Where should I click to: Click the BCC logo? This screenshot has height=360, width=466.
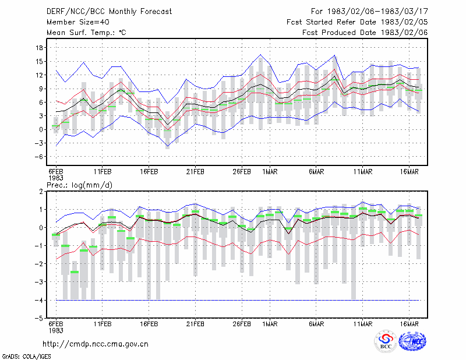pos(386,341)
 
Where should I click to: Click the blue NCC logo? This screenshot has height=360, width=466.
pos(412,341)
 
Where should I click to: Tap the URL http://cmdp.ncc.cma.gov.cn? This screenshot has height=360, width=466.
pos(96,344)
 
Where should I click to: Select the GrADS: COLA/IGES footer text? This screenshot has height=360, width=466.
pos(26,357)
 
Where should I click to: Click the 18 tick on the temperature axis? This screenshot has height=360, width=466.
pos(40,48)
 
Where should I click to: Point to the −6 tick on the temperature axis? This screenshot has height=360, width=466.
pos(38,157)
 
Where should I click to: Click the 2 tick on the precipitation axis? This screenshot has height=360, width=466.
pos(41,192)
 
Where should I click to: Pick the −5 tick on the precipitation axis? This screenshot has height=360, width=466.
pos(38,318)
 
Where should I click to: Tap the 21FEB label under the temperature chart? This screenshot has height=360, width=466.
pos(195,172)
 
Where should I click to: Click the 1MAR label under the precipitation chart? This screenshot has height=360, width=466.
pos(270,324)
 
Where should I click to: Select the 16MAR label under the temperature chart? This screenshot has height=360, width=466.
pos(409,172)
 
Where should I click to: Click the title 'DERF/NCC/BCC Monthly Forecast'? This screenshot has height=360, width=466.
pos(109,12)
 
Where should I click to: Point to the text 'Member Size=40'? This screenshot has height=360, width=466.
pos(78,22)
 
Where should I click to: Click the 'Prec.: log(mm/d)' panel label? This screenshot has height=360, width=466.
pos(79,185)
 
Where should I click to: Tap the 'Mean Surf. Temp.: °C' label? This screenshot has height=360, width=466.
pos(86,33)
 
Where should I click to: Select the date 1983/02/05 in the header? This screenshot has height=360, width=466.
pos(404,22)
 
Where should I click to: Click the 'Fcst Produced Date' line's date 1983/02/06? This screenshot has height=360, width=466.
pos(404,33)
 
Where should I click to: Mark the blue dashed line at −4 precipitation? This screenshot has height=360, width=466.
pos(238,300)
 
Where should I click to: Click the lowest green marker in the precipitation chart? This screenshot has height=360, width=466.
pos(75,272)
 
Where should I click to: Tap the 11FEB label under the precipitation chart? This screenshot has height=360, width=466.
pos(103,324)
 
